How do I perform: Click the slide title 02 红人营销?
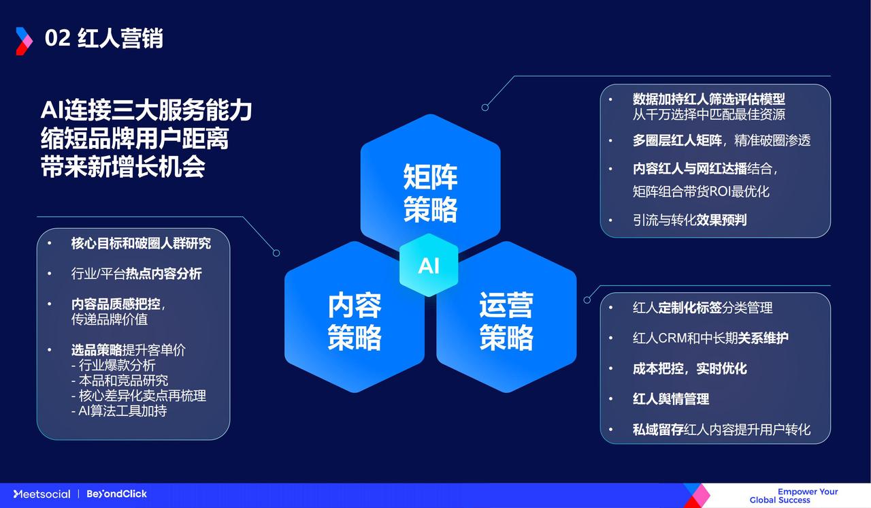click(104, 39)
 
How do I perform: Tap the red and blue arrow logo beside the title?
click(24, 41)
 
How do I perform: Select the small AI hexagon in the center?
click(429, 266)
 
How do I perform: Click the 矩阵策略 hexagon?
click(431, 182)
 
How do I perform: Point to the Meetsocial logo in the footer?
click(42, 494)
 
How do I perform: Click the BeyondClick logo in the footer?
click(116, 494)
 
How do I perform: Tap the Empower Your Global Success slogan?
click(793, 496)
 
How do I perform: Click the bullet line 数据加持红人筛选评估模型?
click(708, 99)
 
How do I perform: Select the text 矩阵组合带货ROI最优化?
click(701, 191)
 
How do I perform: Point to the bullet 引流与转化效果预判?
click(689, 220)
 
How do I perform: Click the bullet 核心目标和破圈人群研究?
click(141, 244)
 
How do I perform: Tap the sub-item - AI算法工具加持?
click(119, 411)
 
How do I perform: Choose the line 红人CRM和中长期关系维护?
click(710, 338)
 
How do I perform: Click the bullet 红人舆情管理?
click(671, 398)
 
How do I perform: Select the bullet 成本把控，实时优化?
click(689, 368)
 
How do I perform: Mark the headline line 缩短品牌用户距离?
click(135, 138)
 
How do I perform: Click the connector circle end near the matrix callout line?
click(485, 108)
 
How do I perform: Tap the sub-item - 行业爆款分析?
click(113, 365)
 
